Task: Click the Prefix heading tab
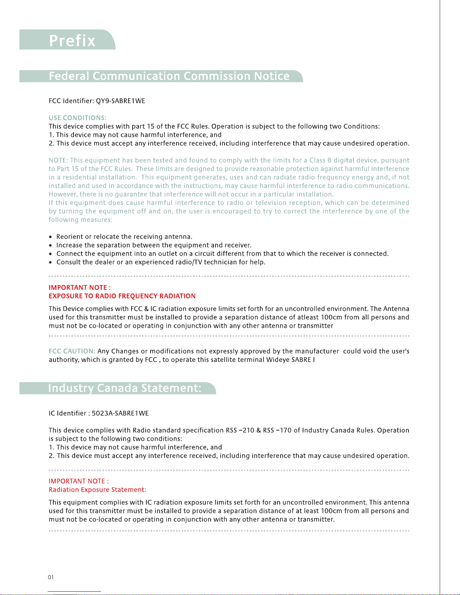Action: (x=72, y=40)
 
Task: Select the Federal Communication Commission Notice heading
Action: (x=169, y=76)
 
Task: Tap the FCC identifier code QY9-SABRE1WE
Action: (x=121, y=101)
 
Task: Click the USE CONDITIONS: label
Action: (x=77, y=118)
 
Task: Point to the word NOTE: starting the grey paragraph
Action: (x=58, y=160)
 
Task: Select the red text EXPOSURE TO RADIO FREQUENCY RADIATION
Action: (x=122, y=296)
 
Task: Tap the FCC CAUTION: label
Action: (x=72, y=351)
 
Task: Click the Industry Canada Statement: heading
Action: (x=125, y=388)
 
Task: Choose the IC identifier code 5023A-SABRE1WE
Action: (x=120, y=413)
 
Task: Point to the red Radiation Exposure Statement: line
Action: (x=97, y=490)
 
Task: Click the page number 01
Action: (x=51, y=577)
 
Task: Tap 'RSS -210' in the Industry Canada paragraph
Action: (x=240, y=430)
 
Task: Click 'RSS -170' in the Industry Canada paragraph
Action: (x=277, y=430)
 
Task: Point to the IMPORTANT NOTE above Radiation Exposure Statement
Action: (x=78, y=481)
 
